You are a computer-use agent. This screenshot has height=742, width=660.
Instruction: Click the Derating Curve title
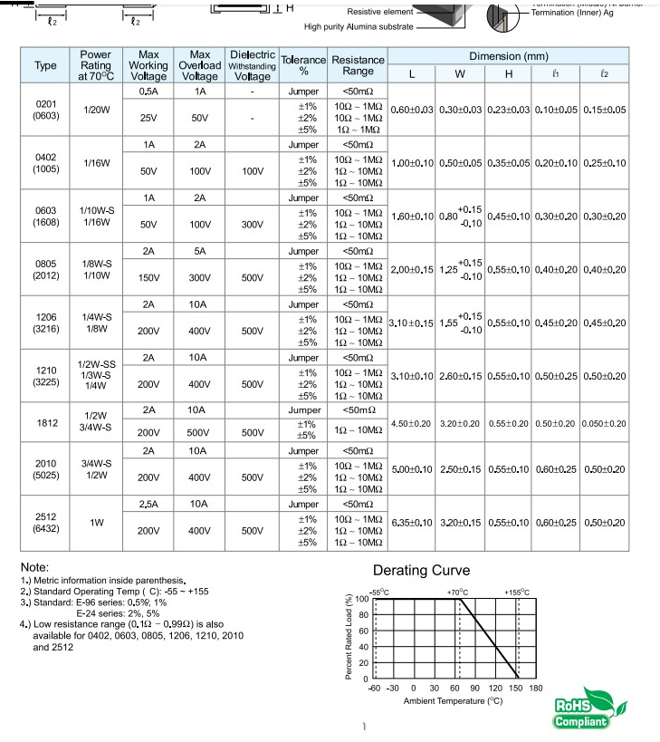422,570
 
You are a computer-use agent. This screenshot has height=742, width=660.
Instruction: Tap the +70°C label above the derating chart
458,592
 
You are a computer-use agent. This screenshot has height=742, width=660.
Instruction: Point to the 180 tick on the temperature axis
536,688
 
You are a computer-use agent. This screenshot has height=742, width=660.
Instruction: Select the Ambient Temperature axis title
453,700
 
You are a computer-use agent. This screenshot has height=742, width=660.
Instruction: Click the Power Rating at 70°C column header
96,65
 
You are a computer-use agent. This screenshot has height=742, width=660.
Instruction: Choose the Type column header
45,65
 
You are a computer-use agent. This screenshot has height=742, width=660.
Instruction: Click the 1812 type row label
45,422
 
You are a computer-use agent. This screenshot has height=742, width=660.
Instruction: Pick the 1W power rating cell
96,522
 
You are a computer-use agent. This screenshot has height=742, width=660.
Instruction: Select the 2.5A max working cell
148,503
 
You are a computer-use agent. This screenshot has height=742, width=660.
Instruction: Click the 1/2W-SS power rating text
96,364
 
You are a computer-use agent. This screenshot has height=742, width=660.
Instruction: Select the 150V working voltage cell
148,277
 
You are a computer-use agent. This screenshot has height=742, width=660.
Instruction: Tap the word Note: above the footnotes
34,567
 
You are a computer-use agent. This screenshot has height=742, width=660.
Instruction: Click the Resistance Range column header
358,65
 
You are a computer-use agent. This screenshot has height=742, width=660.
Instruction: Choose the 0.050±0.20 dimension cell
605,423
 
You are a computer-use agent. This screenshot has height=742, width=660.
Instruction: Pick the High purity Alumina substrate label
358,27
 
